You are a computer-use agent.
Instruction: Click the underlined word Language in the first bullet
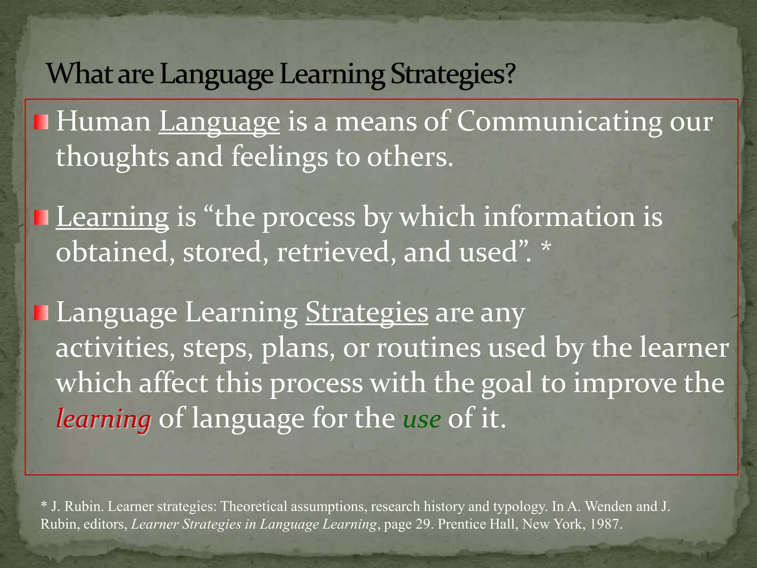tap(219, 122)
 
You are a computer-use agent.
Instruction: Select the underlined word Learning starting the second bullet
tap(112, 217)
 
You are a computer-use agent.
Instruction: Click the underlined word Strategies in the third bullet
tap(367, 313)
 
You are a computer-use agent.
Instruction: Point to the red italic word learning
tap(103, 419)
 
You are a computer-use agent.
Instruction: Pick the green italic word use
tap(421, 420)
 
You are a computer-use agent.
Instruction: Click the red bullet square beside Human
tap(41, 122)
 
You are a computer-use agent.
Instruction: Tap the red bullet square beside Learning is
tap(41, 217)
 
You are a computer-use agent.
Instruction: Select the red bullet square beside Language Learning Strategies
tap(41, 313)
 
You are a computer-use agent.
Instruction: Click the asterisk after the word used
tap(546, 248)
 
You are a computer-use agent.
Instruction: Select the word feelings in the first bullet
tap(279, 157)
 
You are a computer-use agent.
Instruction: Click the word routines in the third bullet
tap(428, 348)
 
